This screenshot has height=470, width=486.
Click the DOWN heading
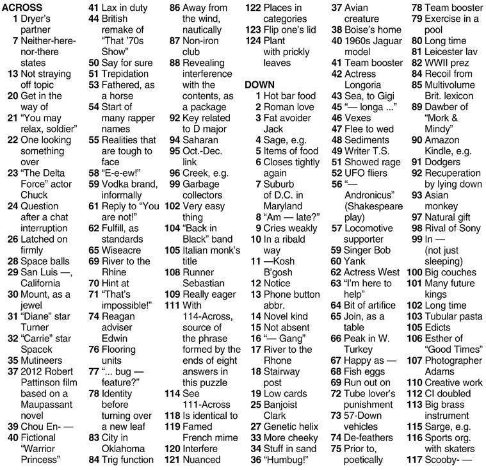259,85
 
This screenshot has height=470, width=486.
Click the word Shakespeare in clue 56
373,206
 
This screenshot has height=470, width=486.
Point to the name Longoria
366,85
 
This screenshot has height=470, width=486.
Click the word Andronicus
369,195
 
